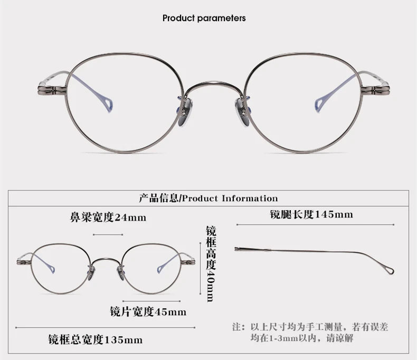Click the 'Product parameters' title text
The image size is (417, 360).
pyautogui.click(x=204, y=18)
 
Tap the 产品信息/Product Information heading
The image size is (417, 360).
pyautogui.click(x=208, y=198)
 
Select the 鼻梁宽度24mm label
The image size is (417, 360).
pyautogui.click(x=108, y=217)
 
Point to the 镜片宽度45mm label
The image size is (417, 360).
pyautogui.click(x=148, y=311)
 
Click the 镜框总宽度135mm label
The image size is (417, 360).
pyautogui.click(x=95, y=339)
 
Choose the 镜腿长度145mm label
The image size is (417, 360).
pyautogui.click(x=311, y=214)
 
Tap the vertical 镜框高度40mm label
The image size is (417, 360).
pyautogui.click(x=210, y=264)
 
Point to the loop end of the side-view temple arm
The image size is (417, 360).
pyautogui.click(x=389, y=270)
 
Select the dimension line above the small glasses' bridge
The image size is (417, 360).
pyautogui.click(x=108, y=233)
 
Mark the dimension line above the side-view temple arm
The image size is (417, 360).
pyautogui.click(x=316, y=225)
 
